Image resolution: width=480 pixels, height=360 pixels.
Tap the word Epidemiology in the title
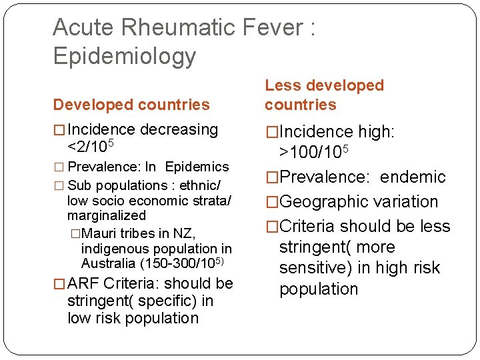125,56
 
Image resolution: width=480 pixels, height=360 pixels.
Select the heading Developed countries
131,105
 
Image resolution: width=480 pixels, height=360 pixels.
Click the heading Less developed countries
324,95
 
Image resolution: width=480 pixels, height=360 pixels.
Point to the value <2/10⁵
91,145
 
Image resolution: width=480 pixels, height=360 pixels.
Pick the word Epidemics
197,167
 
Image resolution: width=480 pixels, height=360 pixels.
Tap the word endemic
413,177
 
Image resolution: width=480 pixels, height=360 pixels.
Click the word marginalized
106,215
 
